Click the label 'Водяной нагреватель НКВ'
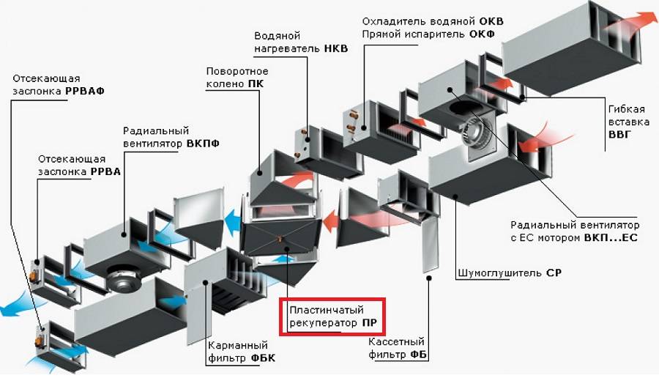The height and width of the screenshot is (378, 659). click(300, 42)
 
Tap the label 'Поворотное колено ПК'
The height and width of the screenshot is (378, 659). click(237, 77)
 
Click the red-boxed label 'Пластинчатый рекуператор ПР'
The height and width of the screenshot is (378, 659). click(335, 316)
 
